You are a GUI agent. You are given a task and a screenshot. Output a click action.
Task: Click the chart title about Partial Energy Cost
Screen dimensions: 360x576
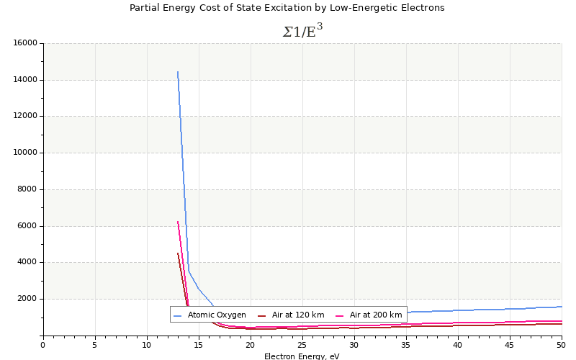(287, 8)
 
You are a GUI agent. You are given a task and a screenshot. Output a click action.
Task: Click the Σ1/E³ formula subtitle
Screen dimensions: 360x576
(302, 31)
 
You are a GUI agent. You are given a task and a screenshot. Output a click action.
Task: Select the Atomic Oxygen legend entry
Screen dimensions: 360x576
(216, 315)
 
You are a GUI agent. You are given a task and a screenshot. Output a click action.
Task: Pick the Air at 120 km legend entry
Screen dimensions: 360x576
(297, 315)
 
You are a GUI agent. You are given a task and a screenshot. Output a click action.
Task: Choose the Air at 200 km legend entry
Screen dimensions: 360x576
(375, 315)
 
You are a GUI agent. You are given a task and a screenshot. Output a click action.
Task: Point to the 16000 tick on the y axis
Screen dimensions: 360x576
(25, 43)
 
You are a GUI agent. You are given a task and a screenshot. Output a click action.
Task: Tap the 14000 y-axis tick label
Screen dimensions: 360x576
(25, 80)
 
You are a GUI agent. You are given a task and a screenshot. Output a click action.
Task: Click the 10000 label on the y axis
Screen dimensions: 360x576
(25, 153)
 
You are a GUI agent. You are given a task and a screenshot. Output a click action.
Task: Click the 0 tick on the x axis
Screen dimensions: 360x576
(43, 345)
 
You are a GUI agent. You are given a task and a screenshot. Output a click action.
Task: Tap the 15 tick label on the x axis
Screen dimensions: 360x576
(199, 345)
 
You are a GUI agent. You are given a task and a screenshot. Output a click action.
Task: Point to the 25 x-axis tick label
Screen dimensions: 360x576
(302, 345)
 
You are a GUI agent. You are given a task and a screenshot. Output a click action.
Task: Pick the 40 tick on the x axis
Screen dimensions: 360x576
(458, 345)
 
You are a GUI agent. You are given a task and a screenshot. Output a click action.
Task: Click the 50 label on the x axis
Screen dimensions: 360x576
(562, 345)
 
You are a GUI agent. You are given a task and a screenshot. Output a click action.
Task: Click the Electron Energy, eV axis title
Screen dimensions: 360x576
(302, 356)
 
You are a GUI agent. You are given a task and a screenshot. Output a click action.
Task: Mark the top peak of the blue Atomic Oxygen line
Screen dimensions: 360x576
(178, 71)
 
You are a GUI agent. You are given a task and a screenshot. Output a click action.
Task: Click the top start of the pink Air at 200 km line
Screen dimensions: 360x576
(178, 222)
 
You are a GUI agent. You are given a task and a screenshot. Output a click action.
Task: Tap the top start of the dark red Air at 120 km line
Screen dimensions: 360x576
(178, 253)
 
